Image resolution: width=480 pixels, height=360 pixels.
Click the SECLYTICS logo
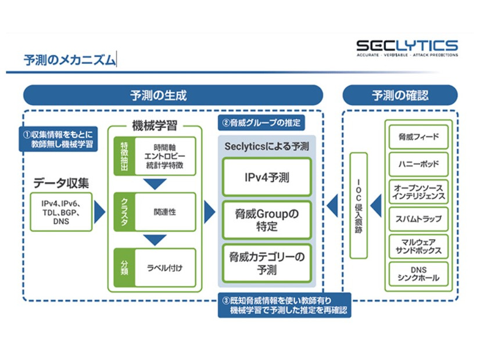[x=407, y=48]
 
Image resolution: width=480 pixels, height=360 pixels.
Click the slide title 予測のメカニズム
[x=69, y=60]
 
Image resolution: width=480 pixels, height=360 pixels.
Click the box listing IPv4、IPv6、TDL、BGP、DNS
[x=61, y=212]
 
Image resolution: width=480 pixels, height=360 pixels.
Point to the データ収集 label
[x=61, y=183]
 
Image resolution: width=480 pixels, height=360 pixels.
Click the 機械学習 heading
[x=155, y=125]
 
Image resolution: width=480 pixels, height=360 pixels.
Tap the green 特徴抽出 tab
[x=123, y=156]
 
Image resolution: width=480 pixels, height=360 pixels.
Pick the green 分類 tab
[x=123, y=267]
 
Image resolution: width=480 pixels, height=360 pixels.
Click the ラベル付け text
[x=164, y=268]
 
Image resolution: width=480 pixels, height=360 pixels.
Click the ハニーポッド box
[x=419, y=164]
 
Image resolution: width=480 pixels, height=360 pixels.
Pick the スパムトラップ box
[x=419, y=219]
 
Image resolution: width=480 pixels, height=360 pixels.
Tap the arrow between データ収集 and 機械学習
[x=99, y=213]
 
